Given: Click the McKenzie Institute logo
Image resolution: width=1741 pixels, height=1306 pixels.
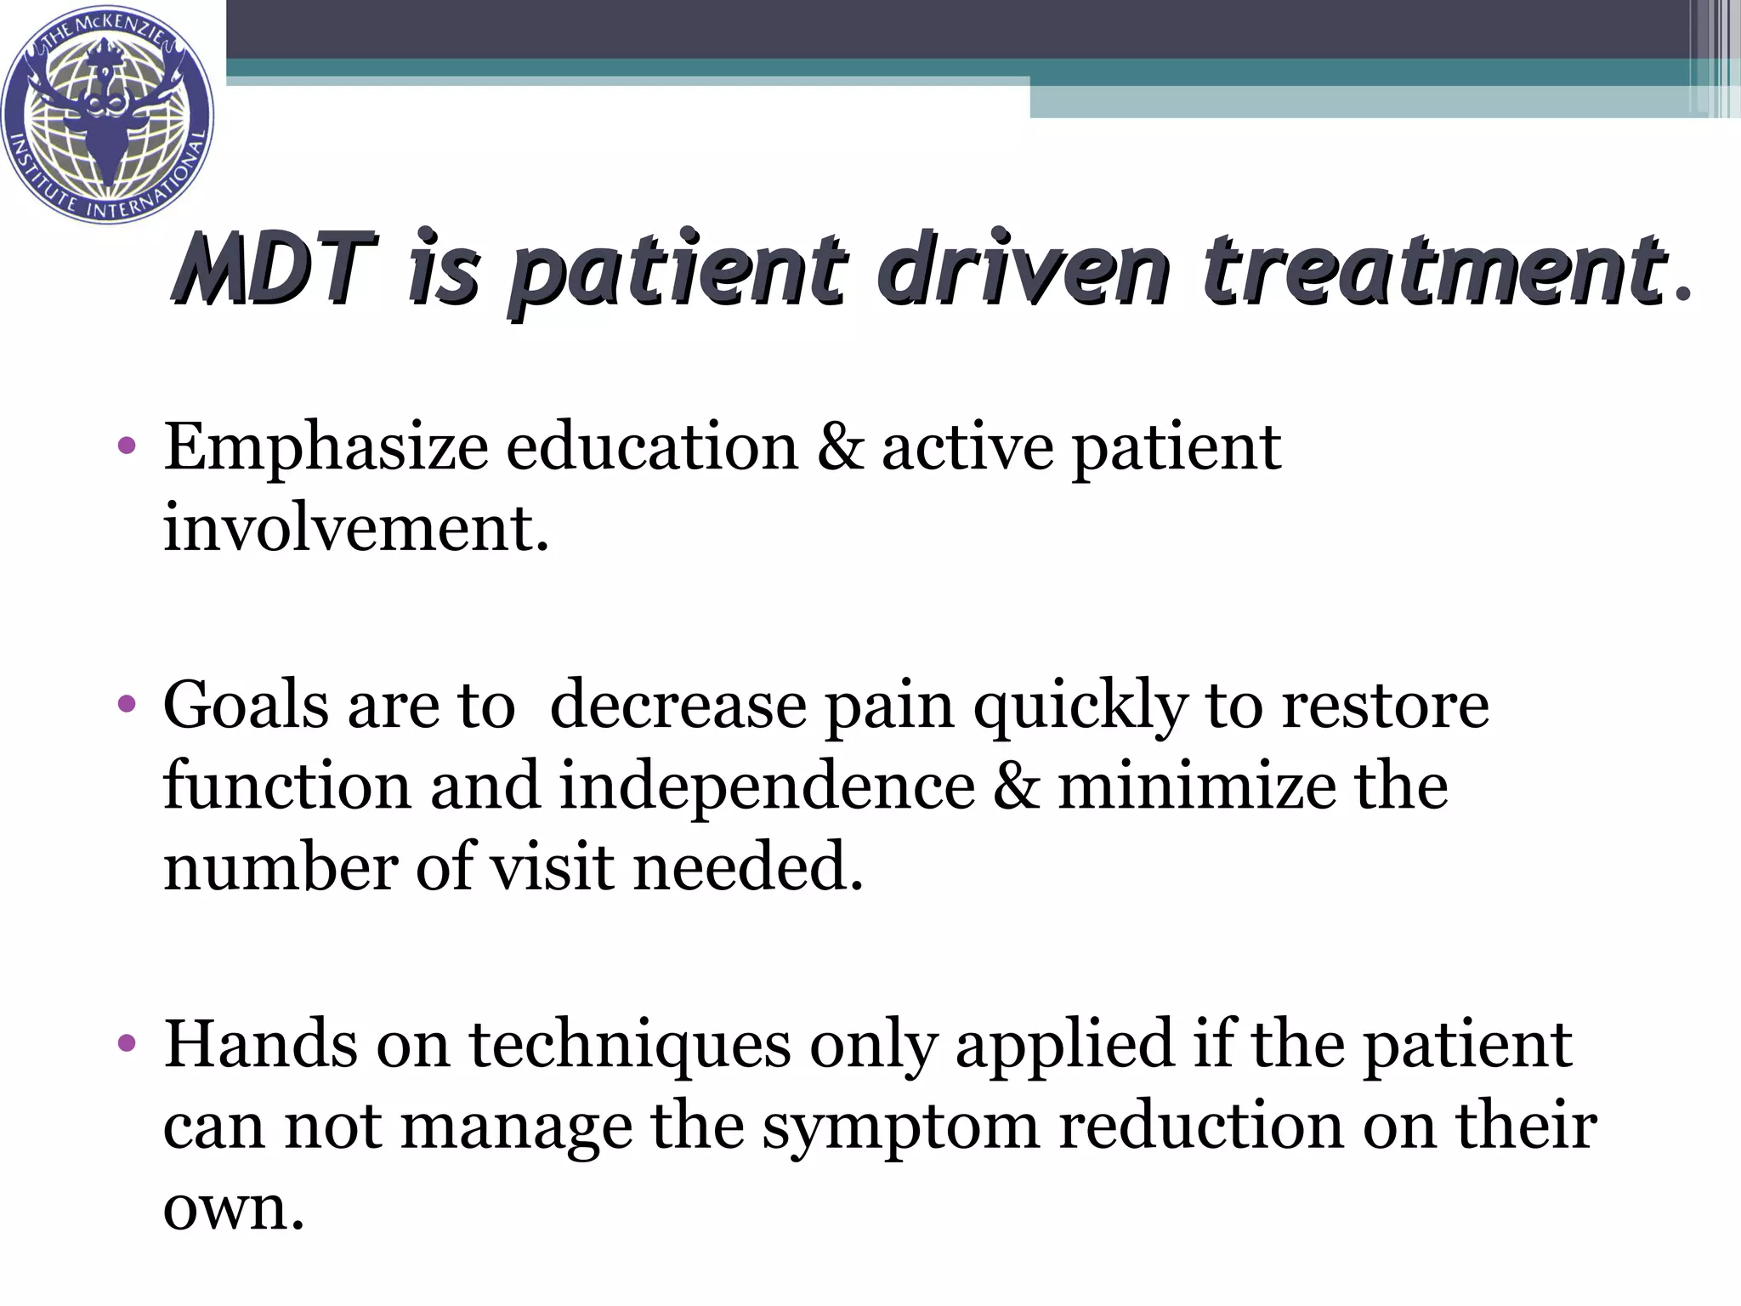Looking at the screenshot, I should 108,113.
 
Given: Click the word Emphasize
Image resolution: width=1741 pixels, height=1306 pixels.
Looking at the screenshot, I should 326,449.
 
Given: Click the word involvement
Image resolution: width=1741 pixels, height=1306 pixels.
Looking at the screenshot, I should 355,528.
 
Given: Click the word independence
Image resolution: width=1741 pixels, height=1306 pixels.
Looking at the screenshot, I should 767,786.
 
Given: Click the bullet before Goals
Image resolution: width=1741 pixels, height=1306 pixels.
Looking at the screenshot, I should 128,705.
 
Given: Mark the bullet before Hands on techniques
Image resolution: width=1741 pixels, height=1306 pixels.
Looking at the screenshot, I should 128,1043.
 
